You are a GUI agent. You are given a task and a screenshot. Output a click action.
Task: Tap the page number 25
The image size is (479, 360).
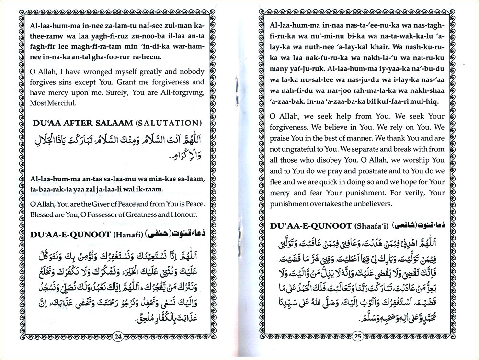(357, 336)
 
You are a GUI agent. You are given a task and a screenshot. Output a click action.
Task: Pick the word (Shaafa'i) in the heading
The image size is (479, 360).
(371, 225)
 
